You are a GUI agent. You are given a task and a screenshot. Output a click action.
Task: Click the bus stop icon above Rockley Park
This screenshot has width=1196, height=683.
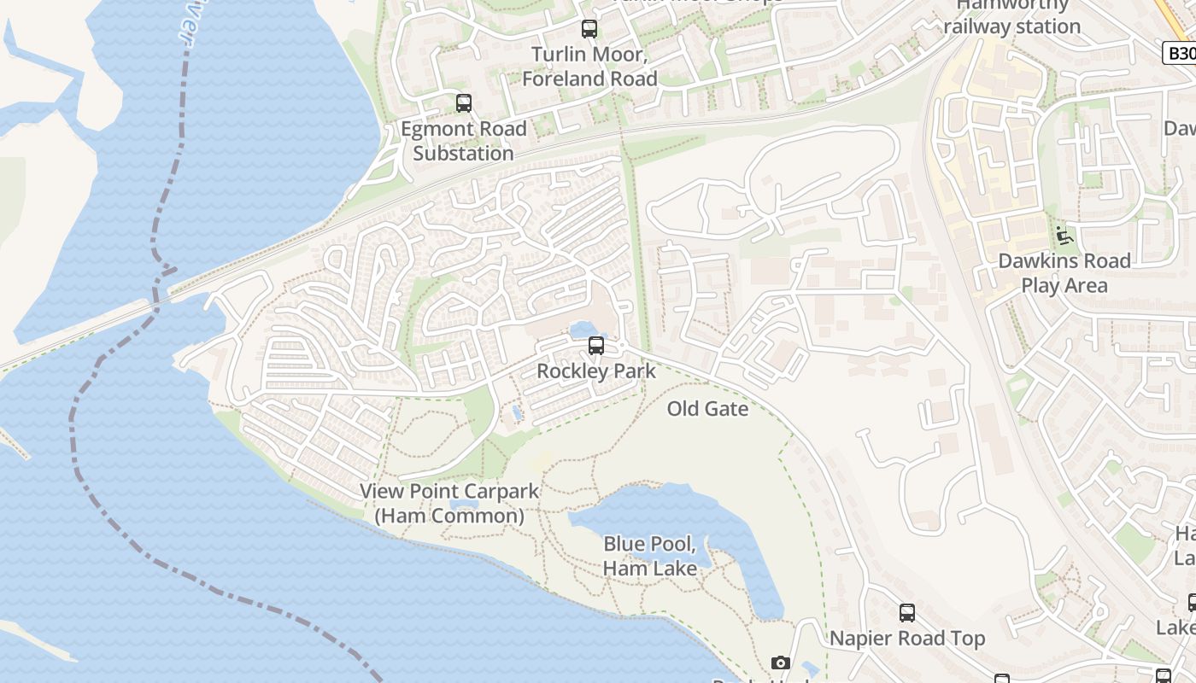point(596,346)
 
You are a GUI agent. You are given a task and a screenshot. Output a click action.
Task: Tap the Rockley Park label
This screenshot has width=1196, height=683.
point(596,371)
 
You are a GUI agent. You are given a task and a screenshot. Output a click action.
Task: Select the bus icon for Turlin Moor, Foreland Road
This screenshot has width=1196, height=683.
point(589,29)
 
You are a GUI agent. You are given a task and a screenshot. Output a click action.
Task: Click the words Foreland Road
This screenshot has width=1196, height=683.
point(589,79)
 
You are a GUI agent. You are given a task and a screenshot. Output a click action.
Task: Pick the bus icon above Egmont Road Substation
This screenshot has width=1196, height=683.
point(464,103)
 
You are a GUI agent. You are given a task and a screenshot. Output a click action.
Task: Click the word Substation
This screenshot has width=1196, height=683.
point(464,154)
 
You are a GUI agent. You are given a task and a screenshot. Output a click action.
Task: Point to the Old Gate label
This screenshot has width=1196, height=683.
point(707,409)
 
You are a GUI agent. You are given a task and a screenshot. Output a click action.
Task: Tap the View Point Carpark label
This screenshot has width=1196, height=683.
point(449,492)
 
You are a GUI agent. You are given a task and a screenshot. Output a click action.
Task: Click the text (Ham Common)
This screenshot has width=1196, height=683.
point(449,517)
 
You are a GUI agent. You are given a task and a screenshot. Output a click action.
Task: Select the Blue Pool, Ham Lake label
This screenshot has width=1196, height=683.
point(651,556)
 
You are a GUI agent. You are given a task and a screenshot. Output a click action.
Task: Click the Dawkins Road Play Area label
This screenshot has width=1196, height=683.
point(1064,273)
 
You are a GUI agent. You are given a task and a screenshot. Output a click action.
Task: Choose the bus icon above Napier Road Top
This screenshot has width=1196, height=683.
point(907,613)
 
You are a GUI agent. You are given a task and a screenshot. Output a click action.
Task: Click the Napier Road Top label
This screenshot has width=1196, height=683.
point(907,639)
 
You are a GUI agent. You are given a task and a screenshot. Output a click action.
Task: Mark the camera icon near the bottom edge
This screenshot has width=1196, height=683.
point(780,663)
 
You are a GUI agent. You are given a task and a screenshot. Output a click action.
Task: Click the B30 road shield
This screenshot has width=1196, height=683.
point(1180,53)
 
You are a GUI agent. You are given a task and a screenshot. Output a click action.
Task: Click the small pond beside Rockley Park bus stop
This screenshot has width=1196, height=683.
point(583,330)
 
